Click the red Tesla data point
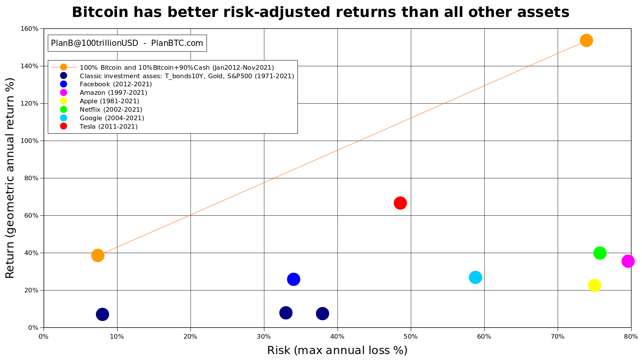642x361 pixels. tap(400, 203)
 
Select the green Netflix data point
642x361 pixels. tap(600, 253)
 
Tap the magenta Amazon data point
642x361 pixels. tap(628, 261)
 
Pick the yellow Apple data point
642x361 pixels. tap(595, 285)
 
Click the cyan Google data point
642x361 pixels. tap(476, 277)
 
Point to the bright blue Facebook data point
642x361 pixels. tap(294, 279)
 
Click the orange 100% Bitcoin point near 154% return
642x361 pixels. tap(587, 40)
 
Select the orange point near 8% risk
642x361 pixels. tap(98, 255)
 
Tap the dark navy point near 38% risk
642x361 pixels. tap(323, 314)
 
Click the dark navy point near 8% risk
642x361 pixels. tap(103, 315)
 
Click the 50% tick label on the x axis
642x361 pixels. tap(411, 337)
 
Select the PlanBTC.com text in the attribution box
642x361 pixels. tap(177, 43)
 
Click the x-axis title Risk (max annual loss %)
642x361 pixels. tap(337, 350)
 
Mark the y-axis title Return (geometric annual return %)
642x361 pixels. tap(10, 178)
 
